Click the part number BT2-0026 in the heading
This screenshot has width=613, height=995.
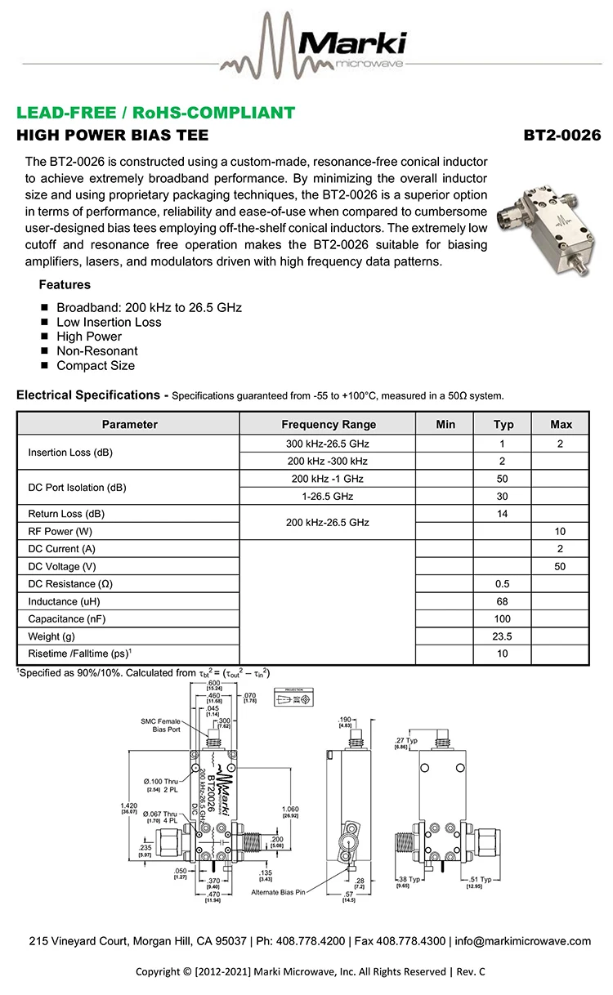tap(562, 135)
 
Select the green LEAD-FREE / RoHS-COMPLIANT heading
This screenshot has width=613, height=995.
tap(155, 113)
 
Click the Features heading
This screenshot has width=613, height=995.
tap(65, 285)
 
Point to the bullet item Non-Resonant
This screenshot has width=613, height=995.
tap(96, 351)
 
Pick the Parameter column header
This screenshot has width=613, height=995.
tap(129, 424)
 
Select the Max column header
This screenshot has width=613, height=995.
tap(561, 424)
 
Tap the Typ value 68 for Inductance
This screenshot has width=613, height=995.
tap(503, 602)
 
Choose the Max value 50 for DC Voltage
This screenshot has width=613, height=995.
tap(561, 567)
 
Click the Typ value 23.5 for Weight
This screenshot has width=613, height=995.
tap(503, 637)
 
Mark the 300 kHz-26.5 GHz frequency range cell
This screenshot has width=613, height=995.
tap(328, 444)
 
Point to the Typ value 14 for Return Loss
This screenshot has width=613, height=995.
tap(503, 514)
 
